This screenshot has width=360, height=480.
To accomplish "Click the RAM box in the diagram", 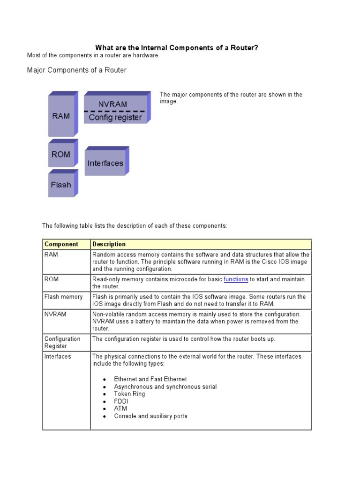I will tap(61, 116).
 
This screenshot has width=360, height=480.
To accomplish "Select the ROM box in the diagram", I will tap(61, 154).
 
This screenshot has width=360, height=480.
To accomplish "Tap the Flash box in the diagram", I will tap(61, 185).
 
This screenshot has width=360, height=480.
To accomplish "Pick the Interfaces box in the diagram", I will tap(105, 163).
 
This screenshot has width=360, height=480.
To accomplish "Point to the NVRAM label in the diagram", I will tap(112, 104).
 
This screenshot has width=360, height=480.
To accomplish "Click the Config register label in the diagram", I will tap(115, 117).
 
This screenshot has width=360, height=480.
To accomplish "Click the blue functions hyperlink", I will tap(236, 279).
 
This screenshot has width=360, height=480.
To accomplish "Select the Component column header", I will tap(61, 244).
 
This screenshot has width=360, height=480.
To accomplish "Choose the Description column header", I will tap(109, 244).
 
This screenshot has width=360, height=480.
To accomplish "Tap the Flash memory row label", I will tap(63, 297).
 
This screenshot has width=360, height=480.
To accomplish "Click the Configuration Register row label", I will tap(62, 342).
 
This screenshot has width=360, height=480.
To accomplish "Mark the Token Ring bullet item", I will tap(129, 394).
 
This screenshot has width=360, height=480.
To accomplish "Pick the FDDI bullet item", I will tap(121, 401).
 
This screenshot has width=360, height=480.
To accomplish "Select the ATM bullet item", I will tap(120, 409).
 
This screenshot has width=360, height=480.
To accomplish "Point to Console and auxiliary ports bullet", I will tap(150, 416).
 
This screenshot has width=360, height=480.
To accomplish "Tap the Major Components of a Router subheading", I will tap(77, 70).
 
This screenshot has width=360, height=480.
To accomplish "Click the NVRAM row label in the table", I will tap(55, 314).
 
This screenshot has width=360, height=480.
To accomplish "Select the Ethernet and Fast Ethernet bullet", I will tap(150, 379).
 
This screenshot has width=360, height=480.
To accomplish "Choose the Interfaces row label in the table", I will tap(58, 356).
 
